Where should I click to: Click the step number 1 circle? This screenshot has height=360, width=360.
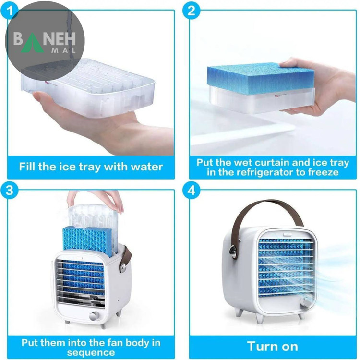click(x=10, y=10)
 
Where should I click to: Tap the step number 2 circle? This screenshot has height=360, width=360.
click(x=192, y=10)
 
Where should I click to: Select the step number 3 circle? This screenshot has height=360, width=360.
click(x=10, y=191)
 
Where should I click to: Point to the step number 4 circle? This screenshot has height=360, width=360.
click(x=192, y=191)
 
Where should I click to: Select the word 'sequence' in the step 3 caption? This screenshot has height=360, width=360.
click(x=91, y=352)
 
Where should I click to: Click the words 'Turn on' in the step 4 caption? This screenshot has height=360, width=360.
click(x=273, y=346)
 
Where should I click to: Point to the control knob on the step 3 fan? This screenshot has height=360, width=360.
click(x=94, y=316)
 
